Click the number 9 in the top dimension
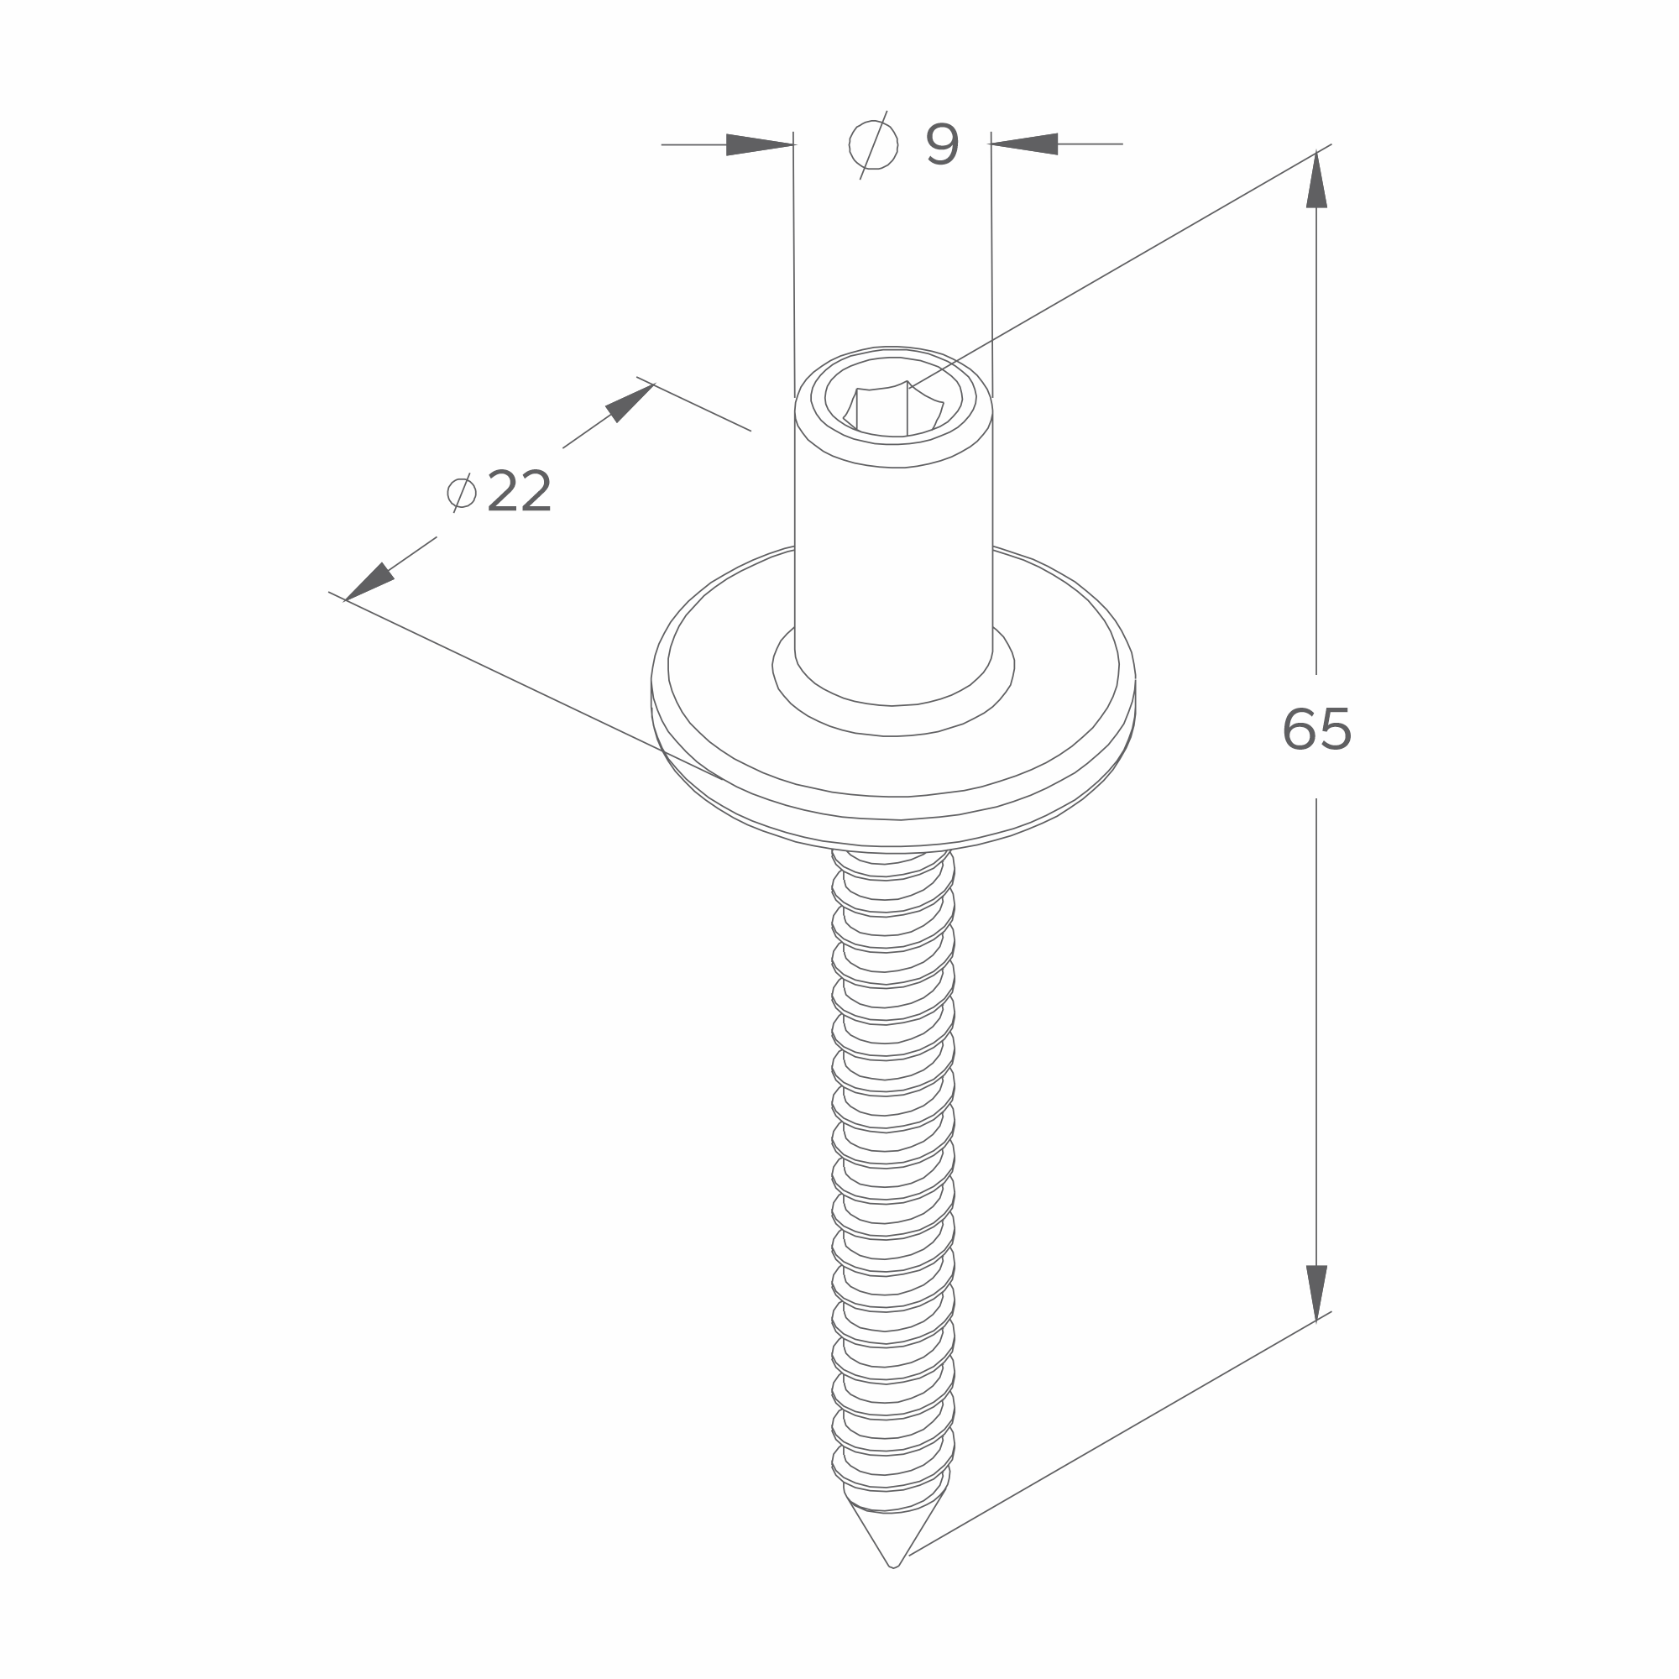(x=942, y=144)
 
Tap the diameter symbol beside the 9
(x=873, y=145)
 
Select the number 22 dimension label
(x=519, y=491)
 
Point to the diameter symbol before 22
(x=462, y=493)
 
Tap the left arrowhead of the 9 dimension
(x=760, y=144)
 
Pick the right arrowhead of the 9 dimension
(x=1024, y=144)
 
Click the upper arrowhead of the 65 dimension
(x=1316, y=180)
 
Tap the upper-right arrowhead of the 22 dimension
(x=629, y=403)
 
